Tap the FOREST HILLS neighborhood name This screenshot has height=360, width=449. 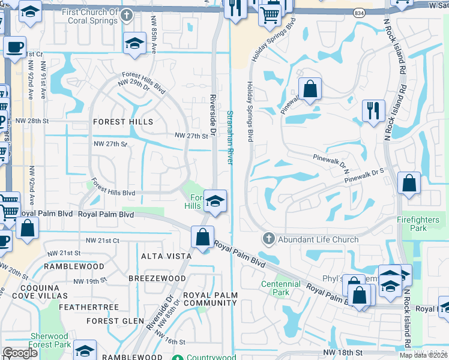click(x=123, y=122)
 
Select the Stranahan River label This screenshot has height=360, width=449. click(x=229, y=137)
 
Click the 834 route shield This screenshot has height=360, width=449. click(x=358, y=12)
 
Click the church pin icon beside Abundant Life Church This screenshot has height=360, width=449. click(x=268, y=239)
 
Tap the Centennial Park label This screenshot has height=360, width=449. click(x=280, y=288)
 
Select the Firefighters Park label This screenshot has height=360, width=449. click(x=420, y=224)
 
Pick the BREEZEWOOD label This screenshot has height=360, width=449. click(x=157, y=278)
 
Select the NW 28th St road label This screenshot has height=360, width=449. click(x=49, y=121)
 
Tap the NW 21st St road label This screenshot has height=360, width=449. click(x=103, y=240)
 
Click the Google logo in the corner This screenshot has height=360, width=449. click(x=20, y=353)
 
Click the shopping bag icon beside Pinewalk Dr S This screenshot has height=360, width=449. click(x=409, y=185)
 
